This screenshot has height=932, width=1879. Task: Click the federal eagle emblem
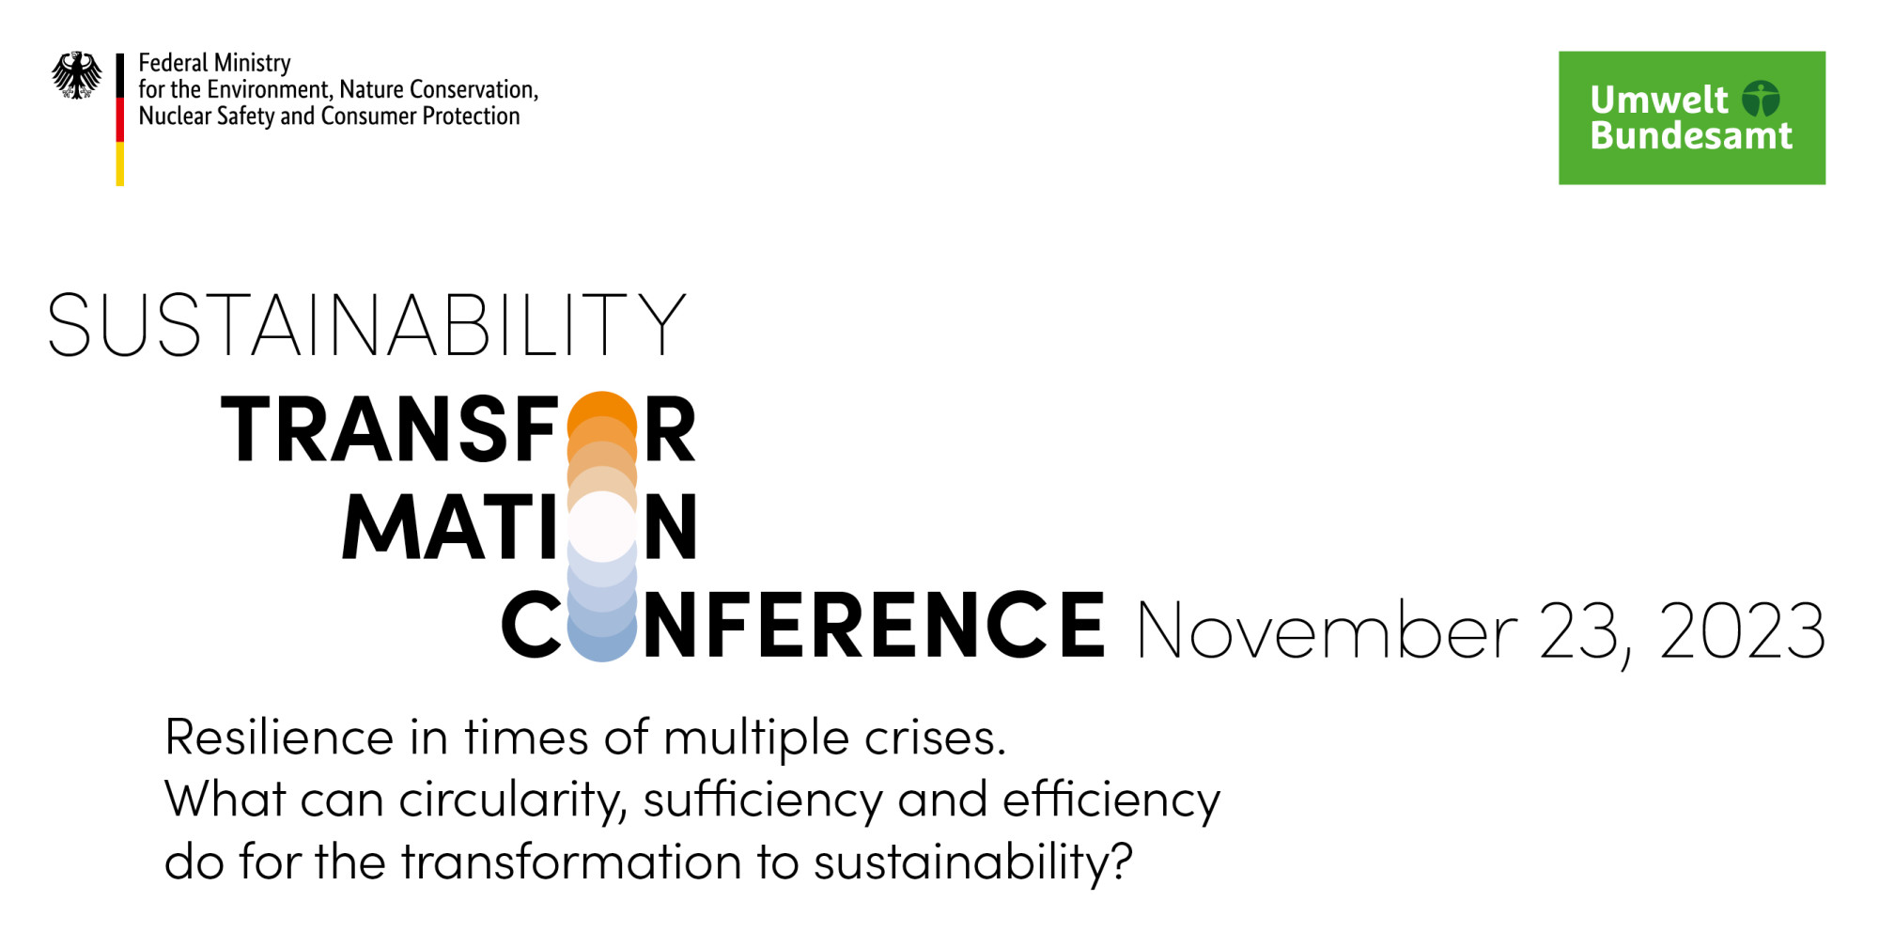click(77, 75)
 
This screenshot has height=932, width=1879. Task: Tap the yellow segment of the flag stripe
click(120, 163)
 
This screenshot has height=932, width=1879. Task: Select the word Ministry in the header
click(253, 64)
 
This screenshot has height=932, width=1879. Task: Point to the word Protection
click(471, 116)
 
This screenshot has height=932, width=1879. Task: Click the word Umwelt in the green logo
click(1659, 100)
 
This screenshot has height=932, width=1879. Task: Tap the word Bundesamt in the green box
click(1691, 135)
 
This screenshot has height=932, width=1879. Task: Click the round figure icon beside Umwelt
click(1761, 99)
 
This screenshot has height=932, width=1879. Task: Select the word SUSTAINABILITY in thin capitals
click(367, 324)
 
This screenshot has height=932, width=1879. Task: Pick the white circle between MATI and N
click(602, 527)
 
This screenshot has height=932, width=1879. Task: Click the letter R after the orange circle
click(670, 429)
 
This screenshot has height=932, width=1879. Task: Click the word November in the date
click(1327, 630)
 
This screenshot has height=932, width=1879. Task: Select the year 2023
click(1743, 630)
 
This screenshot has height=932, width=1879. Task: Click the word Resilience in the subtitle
click(279, 737)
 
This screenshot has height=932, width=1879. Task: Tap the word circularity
click(512, 801)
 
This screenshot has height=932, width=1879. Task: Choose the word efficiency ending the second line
click(1111, 801)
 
